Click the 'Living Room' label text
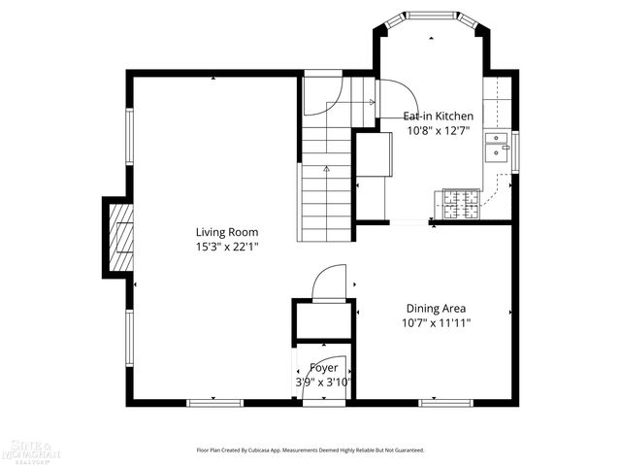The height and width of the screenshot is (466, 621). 226,232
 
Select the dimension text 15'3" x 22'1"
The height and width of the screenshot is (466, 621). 226,247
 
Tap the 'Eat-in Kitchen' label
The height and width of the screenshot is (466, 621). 439,116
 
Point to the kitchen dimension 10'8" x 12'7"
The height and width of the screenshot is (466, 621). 439,130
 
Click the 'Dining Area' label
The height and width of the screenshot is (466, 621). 436,308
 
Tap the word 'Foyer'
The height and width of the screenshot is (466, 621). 324,368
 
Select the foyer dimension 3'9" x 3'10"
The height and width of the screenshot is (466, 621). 324,382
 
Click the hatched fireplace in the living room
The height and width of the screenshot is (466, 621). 121,238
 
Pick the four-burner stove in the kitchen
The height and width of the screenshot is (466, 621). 462,204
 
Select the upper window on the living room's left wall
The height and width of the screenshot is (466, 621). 128,136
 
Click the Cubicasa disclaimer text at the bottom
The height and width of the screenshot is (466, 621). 310,450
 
